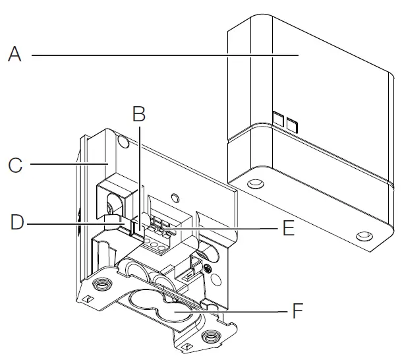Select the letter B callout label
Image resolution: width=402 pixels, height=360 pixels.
click(x=138, y=114)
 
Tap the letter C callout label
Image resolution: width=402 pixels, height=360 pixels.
click(x=14, y=164)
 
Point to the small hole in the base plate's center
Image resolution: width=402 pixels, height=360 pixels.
click(x=175, y=196)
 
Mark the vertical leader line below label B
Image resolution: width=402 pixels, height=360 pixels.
click(x=138, y=171)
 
